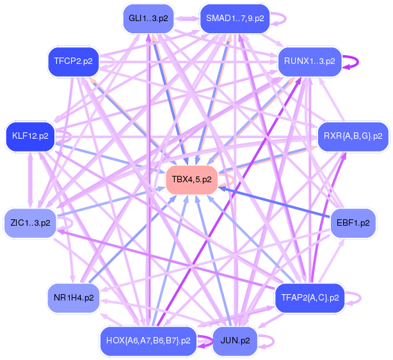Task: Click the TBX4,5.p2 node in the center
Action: point(191,180)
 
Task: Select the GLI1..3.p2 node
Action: point(148,19)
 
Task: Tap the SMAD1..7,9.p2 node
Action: point(235,19)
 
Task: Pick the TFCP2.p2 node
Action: point(74,61)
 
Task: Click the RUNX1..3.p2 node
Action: point(310,61)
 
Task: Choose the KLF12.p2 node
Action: point(30,136)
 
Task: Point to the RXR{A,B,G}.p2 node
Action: point(353,136)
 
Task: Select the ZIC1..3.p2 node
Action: point(30,223)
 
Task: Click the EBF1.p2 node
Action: point(353,223)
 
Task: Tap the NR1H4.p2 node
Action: point(74,298)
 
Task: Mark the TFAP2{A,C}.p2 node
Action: point(310,298)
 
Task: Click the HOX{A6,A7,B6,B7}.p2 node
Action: point(148,341)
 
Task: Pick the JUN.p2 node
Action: point(235,341)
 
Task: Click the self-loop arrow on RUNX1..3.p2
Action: point(358,61)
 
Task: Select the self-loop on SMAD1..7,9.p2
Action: point(285,19)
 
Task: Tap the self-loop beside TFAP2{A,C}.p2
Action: point(360,298)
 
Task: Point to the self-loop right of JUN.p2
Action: point(273,341)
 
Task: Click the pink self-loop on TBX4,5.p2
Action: point(233,180)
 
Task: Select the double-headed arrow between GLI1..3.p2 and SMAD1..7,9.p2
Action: point(187,19)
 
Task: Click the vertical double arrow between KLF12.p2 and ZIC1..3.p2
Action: point(30,180)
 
